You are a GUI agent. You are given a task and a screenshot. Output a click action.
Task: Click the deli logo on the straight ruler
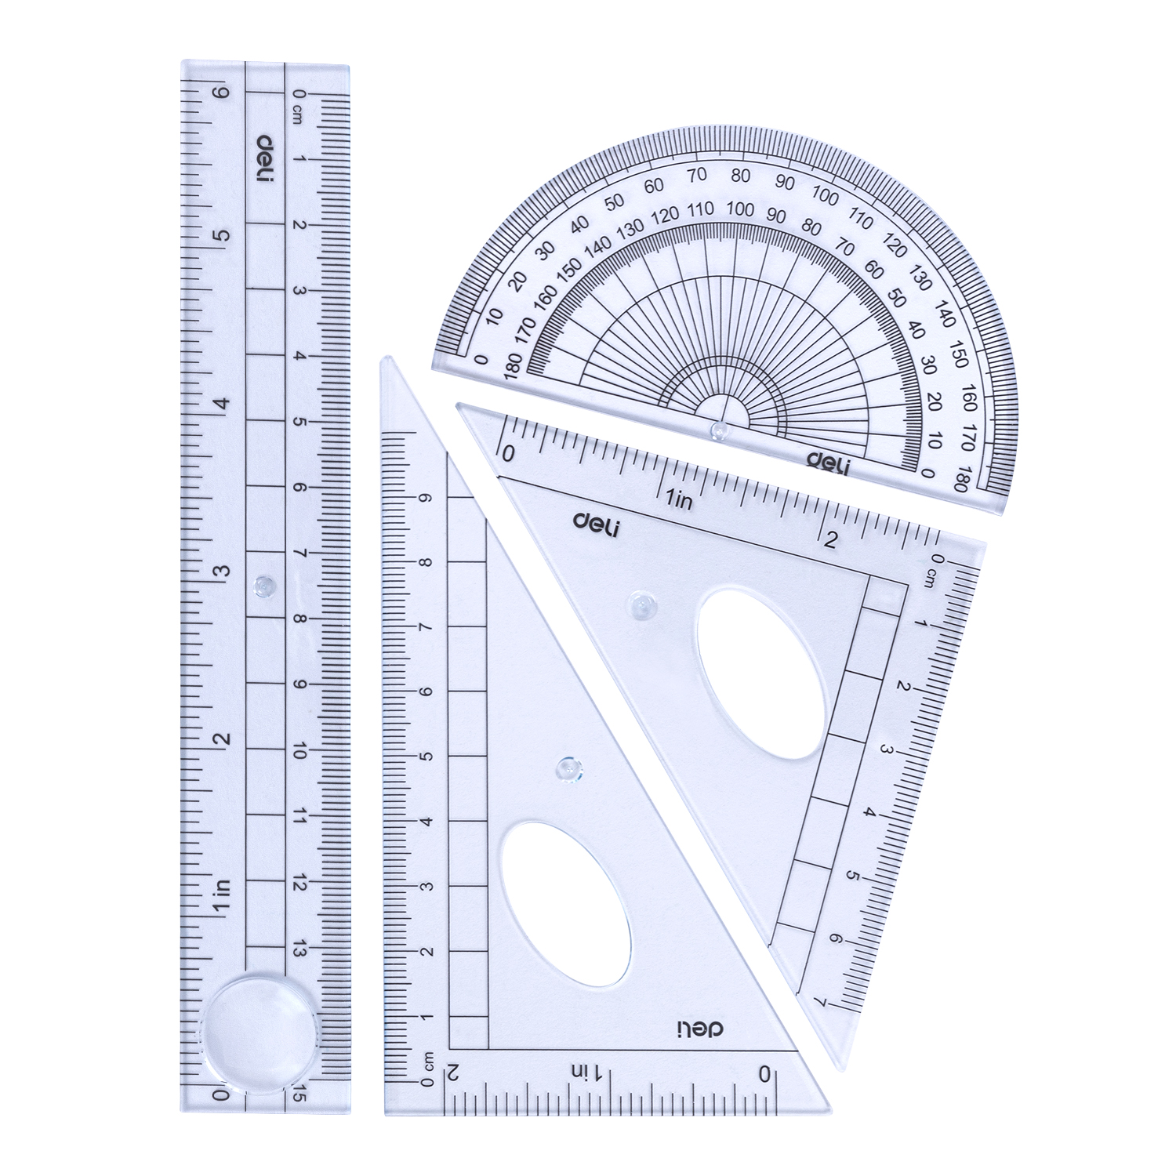[267, 158]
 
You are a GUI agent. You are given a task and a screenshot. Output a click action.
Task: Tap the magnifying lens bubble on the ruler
[262, 1024]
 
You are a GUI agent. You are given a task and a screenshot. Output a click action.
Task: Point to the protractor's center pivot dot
[717, 428]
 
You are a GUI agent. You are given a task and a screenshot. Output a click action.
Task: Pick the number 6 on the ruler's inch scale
[223, 93]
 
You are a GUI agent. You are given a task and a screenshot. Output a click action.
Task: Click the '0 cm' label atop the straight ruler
[298, 105]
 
